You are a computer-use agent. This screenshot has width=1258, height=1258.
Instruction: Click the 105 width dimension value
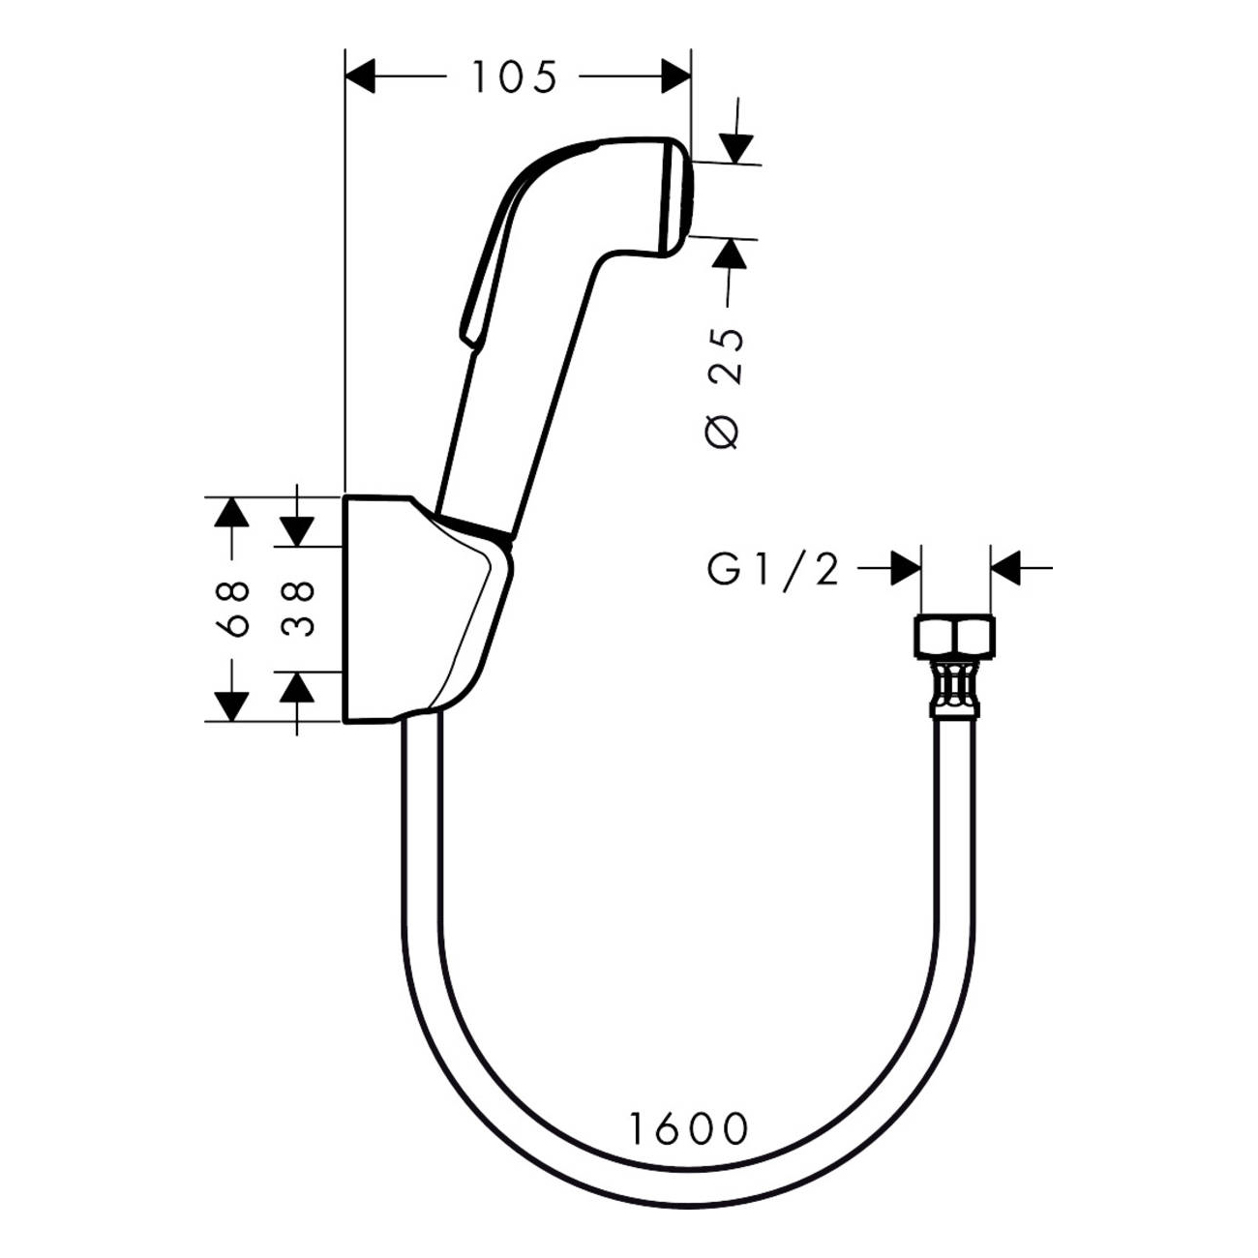coord(514,76)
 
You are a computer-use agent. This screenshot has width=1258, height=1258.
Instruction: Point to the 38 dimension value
coord(298,609)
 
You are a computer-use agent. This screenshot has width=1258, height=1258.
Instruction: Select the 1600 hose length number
coord(689,1127)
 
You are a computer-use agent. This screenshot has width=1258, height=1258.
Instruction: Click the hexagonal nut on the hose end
coord(953,637)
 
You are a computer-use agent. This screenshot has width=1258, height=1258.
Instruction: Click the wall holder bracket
coord(416,610)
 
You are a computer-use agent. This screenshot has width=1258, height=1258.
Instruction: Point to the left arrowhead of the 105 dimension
coord(361,76)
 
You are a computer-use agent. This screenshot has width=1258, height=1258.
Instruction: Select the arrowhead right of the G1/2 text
coord(905,569)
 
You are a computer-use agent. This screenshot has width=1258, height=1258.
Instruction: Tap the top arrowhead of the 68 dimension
coord(229,511)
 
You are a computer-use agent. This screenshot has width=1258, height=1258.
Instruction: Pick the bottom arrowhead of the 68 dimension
coord(229,705)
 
